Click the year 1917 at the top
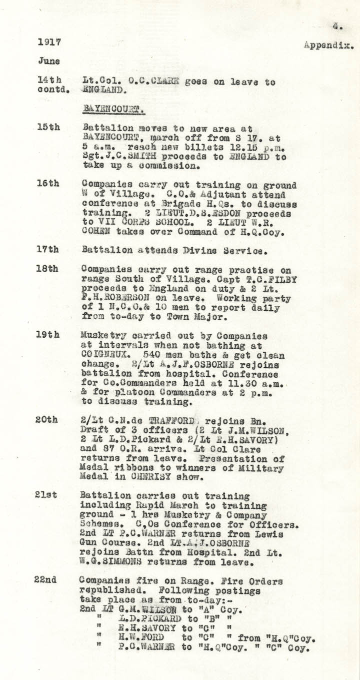click(x=48, y=43)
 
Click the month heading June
click(x=48, y=62)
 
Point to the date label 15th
click(x=48, y=127)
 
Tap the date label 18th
click(x=48, y=269)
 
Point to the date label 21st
click(x=48, y=495)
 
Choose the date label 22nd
click(x=48, y=580)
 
